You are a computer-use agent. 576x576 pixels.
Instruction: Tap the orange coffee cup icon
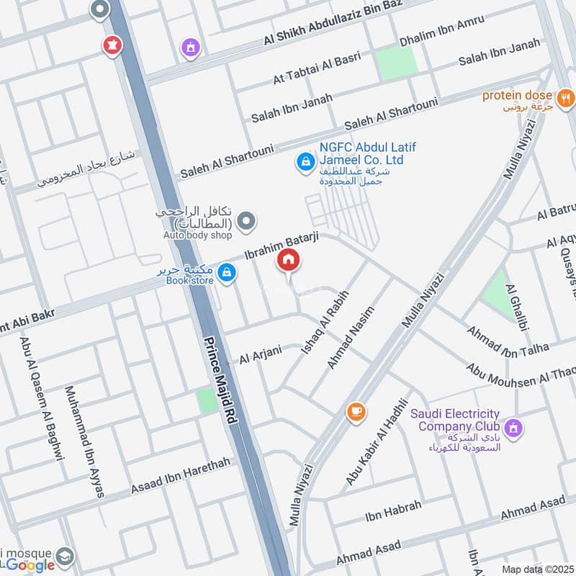tap(356, 412)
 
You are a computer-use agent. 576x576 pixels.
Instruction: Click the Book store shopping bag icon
tap(228, 272)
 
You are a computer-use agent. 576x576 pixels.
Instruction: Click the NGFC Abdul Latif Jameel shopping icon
tap(305, 163)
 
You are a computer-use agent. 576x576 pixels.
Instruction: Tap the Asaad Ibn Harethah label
tap(181, 477)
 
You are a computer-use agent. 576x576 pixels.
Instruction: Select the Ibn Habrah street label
tap(393, 508)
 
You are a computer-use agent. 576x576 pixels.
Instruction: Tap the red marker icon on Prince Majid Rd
tap(112, 45)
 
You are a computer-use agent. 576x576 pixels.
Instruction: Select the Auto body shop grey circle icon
tap(247, 221)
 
